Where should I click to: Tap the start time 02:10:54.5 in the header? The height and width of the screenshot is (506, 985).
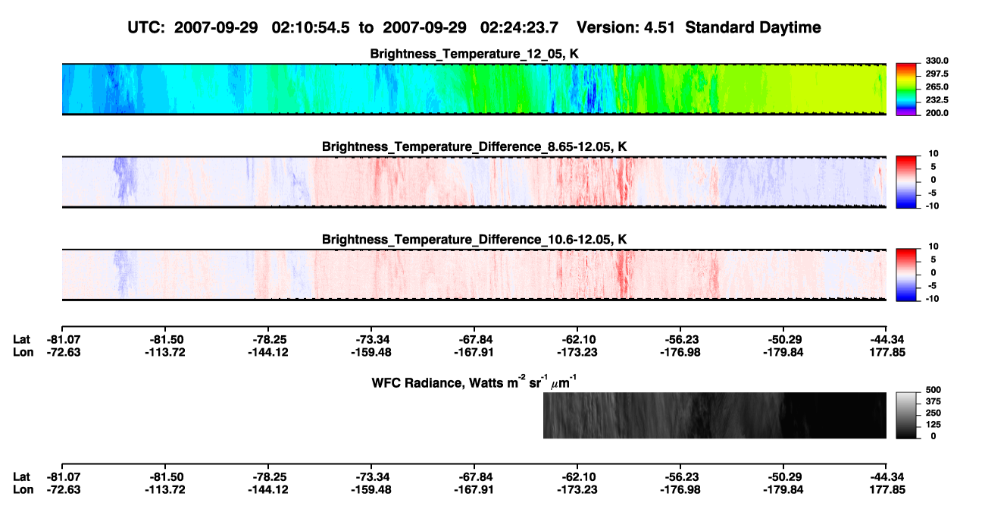pos(311,27)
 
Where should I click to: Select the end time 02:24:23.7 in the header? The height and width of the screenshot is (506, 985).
pos(519,27)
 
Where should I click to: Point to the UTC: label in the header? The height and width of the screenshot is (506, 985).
pos(146,27)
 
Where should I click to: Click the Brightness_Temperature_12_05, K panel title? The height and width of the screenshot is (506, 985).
pos(474,54)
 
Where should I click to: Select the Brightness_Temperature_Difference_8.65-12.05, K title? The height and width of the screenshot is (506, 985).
pos(474,146)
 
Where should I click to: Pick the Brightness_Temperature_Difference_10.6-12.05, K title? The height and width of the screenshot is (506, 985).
pos(474,239)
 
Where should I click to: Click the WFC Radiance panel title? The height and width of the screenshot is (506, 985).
pos(474,382)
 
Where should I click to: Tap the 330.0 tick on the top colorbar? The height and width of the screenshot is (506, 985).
pos(937,61)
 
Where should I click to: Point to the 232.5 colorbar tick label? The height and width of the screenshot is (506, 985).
pos(937,100)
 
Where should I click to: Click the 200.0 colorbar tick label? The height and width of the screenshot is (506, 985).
pos(937,113)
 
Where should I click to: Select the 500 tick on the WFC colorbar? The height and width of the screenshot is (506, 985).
pos(933,390)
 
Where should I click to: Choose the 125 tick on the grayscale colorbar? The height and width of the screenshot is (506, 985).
pos(933,425)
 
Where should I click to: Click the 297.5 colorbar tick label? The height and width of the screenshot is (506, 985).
pos(937,74)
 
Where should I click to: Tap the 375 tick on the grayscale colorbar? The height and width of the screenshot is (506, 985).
pos(933,401)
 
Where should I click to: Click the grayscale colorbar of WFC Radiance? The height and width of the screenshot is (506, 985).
pos(906,415)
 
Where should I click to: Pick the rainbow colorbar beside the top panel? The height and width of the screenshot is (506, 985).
pos(906,90)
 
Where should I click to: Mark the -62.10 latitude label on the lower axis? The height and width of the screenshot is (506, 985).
pos(577,477)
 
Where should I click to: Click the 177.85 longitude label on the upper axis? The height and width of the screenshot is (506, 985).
pos(887,352)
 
